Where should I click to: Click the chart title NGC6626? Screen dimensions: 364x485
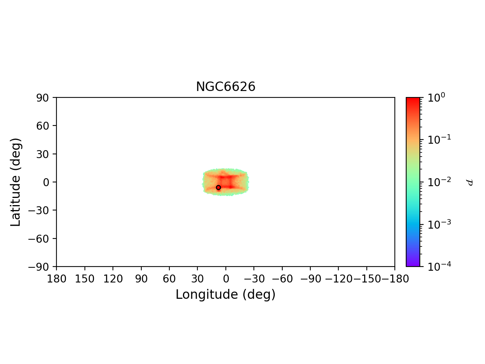click(225, 87)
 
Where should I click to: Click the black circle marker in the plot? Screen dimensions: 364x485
click(218, 187)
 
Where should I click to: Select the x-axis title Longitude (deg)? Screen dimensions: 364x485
click(225, 294)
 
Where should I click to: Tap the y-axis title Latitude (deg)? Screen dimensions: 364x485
click(16, 182)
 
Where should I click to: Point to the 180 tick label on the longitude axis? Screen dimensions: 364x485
click(56, 279)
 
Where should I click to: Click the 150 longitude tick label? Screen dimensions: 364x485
click(84, 279)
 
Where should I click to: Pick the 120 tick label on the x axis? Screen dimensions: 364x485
click(113, 279)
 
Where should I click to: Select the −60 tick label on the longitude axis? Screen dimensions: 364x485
click(282, 279)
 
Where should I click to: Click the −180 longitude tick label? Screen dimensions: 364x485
click(394, 279)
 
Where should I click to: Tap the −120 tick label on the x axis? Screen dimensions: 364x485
click(338, 279)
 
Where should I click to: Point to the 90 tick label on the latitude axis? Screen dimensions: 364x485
click(43, 97)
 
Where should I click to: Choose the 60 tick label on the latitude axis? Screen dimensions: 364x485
click(43, 126)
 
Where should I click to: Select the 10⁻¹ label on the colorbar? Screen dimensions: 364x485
click(436, 140)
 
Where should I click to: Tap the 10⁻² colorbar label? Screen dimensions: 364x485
click(436, 182)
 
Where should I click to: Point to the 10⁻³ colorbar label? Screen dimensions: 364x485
click(436, 224)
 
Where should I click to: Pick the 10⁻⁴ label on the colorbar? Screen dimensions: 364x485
click(436, 266)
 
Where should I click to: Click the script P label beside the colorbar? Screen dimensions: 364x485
click(469, 182)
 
